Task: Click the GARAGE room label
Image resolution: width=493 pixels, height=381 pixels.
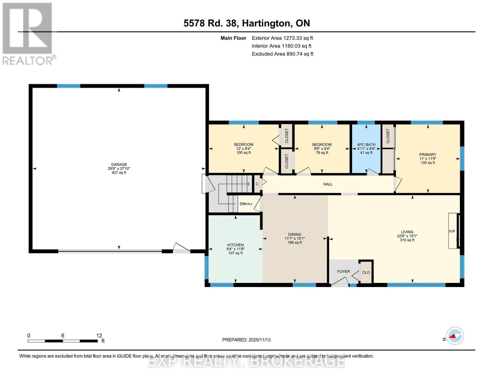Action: pos(119,164)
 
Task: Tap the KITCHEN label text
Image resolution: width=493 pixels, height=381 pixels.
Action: pos(235,245)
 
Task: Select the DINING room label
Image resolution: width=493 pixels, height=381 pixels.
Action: pos(295,234)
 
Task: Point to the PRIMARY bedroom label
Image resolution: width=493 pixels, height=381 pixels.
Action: pos(428,155)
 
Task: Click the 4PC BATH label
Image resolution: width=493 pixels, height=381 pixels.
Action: pos(366,144)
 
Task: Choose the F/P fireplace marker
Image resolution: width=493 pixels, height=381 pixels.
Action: pos(452,231)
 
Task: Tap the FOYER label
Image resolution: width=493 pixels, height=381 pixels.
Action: pos(343,271)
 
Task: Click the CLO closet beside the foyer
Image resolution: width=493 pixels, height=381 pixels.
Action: pos(366,272)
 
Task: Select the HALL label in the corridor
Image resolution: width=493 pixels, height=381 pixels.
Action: pos(328,184)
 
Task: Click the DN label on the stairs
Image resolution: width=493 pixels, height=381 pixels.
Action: pos(243,204)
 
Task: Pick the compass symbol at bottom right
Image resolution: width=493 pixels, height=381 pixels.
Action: pos(455,336)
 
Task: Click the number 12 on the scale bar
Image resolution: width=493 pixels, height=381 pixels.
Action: pos(99,336)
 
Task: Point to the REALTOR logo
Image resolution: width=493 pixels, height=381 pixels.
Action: pos(28,33)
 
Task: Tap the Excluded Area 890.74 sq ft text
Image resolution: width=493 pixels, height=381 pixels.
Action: pos(283,54)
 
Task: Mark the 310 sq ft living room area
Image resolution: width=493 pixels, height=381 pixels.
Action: pos(407,240)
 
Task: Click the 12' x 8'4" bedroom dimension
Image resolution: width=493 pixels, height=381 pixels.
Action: pos(243,149)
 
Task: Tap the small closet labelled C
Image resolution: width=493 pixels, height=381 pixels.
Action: pos(257,184)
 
